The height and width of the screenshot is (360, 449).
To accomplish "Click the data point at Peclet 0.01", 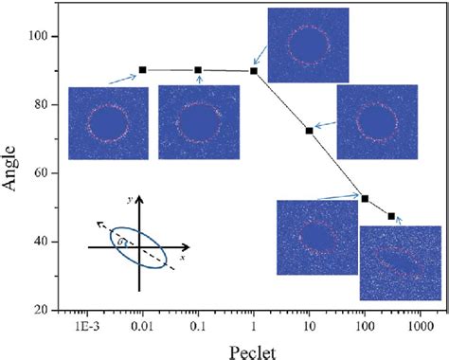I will [142, 70].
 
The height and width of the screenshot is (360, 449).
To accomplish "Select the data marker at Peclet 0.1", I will [198, 70].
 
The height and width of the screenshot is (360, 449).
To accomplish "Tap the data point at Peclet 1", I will [254, 71].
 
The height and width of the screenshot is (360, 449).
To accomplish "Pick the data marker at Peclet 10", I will [310, 130].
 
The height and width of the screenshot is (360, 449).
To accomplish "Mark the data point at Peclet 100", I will [365, 198].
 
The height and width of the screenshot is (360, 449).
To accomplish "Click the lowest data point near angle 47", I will [392, 217].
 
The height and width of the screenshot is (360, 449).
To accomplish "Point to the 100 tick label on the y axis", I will [42, 36].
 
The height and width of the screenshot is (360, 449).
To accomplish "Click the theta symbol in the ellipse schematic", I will [121, 243].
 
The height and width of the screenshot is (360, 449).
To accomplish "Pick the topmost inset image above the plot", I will [308, 41].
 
